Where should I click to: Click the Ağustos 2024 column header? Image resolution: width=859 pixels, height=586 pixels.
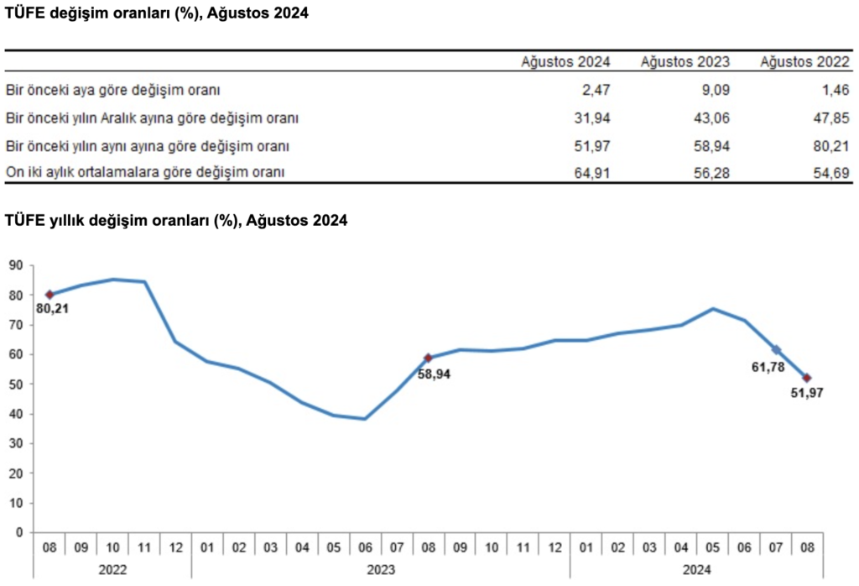pyautogui.click(x=566, y=61)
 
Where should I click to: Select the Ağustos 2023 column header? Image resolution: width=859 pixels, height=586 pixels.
pyautogui.click(x=685, y=61)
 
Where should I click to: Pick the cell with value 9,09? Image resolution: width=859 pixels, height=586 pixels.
pyautogui.click(x=716, y=89)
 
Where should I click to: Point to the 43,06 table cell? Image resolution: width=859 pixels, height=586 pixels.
pyautogui.click(x=712, y=118)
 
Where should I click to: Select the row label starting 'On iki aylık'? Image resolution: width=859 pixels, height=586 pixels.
pyautogui.click(x=144, y=173)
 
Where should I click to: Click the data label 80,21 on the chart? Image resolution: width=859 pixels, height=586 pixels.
pyautogui.click(x=52, y=308)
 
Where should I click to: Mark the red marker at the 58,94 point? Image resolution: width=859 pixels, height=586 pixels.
pyautogui.click(x=428, y=358)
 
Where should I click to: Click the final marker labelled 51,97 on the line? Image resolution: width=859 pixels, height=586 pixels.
pyautogui.click(x=807, y=378)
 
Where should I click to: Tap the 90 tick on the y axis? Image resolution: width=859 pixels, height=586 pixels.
pyautogui.click(x=15, y=265)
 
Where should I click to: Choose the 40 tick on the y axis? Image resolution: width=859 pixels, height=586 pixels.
pyautogui.click(x=15, y=414)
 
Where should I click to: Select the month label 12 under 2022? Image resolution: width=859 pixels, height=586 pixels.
pyautogui.click(x=175, y=547)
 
